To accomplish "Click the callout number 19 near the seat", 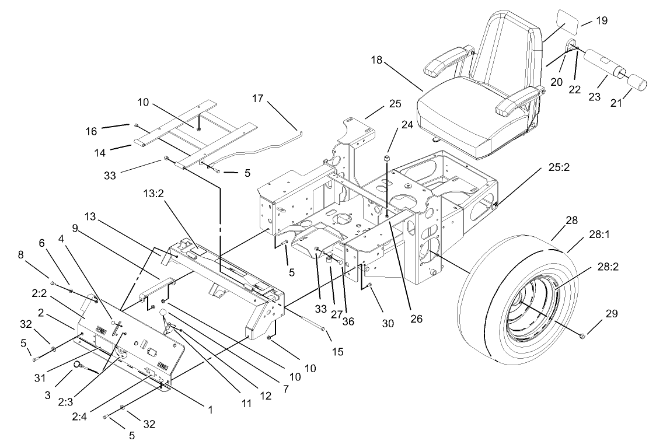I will [601, 20].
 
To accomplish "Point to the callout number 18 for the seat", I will [377, 60].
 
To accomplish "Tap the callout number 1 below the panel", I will [210, 410].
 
